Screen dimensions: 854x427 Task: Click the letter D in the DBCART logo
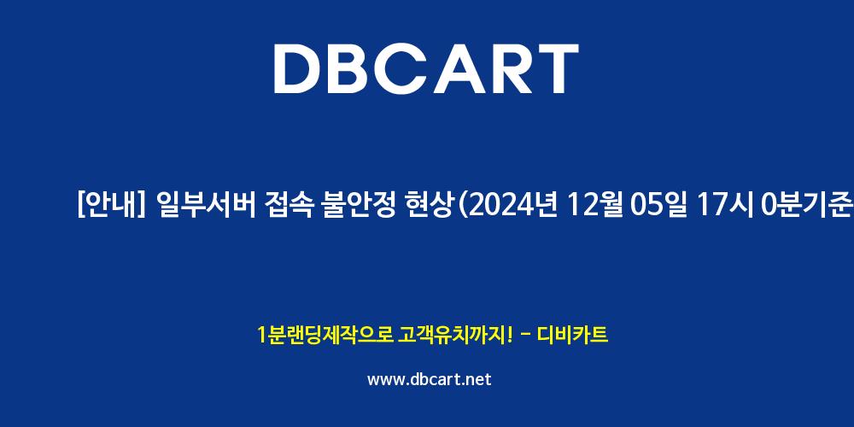point(297,68)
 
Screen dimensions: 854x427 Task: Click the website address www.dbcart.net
point(430,380)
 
